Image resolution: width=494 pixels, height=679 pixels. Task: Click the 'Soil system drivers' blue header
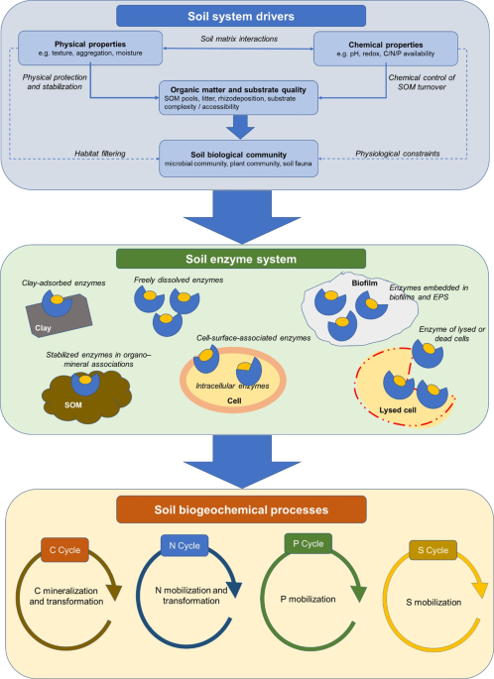pyautogui.click(x=241, y=16)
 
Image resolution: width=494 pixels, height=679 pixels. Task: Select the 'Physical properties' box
pyautogui.click(x=90, y=48)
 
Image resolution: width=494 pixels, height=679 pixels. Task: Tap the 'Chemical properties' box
pyautogui.click(x=386, y=49)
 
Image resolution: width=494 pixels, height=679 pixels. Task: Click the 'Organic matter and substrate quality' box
pyautogui.click(x=238, y=97)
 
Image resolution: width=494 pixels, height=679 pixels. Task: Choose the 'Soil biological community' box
pyautogui.click(x=238, y=159)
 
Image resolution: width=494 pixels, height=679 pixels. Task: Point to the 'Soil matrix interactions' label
pyautogui.click(x=239, y=39)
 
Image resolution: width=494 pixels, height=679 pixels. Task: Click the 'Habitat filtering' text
pyautogui.click(x=99, y=154)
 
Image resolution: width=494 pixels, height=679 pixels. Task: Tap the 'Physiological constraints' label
pyautogui.click(x=398, y=154)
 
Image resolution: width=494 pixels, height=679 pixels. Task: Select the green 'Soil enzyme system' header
pyautogui.click(x=241, y=259)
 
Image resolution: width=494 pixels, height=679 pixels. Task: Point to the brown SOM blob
pyautogui.click(x=86, y=397)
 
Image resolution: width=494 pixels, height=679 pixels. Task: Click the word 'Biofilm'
pyautogui.click(x=364, y=283)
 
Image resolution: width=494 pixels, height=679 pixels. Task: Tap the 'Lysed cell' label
pyautogui.click(x=398, y=410)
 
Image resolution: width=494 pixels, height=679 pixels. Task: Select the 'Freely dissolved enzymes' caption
pyautogui.click(x=179, y=281)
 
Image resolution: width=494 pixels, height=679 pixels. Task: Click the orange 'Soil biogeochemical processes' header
pyautogui.click(x=241, y=509)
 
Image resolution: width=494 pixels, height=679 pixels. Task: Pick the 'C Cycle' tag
pyautogui.click(x=64, y=550)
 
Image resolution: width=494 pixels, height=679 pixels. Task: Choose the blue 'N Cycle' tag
pyautogui.click(x=185, y=545)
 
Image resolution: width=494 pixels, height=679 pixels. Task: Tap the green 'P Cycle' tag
pyautogui.click(x=309, y=543)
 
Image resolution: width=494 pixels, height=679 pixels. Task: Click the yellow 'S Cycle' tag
pyautogui.click(x=432, y=550)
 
